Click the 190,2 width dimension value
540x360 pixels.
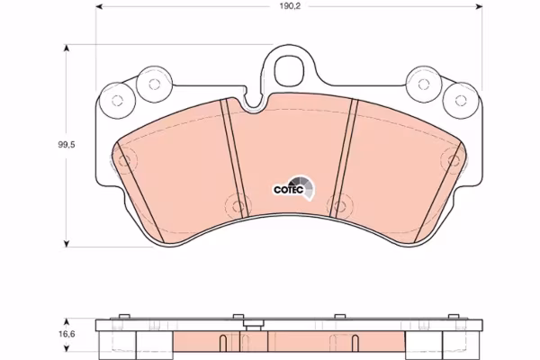tap(285, 6)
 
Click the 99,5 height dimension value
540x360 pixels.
tap(66, 145)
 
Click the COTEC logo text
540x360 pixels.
tap(288, 190)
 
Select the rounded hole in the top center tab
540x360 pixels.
tap(290, 70)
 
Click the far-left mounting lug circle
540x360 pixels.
tap(117, 101)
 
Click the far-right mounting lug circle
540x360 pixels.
tap(461, 101)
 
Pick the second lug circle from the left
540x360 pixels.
tap(154, 84)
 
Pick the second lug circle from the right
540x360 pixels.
tap(424, 84)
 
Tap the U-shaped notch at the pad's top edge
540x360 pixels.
tap(254, 103)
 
